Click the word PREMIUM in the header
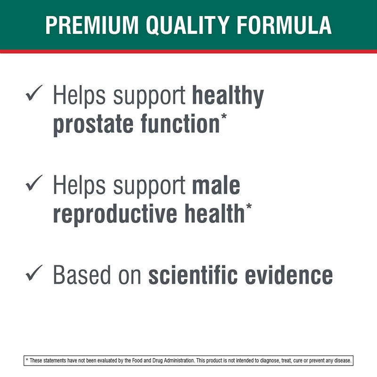[x=92, y=25]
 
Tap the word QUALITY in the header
[x=187, y=25]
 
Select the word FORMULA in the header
[x=284, y=25]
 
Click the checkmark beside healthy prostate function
[x=34, y=93]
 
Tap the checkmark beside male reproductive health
[x=34, y=183]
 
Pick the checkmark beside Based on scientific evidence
[x=34, y=273]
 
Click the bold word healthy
[x=228, y=97]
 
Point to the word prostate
[x=93, y=124]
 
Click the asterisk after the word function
[x=224, y=116]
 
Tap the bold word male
[x=216, y=185]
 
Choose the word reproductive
[x=115, y=213]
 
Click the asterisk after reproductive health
[x=249, y=206]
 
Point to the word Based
[x=82, y=275]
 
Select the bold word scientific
[x=193, y=275]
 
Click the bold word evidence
[x=289, y=275]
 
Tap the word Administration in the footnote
[x=179, y=361]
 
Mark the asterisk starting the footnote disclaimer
[x=27, y=360]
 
